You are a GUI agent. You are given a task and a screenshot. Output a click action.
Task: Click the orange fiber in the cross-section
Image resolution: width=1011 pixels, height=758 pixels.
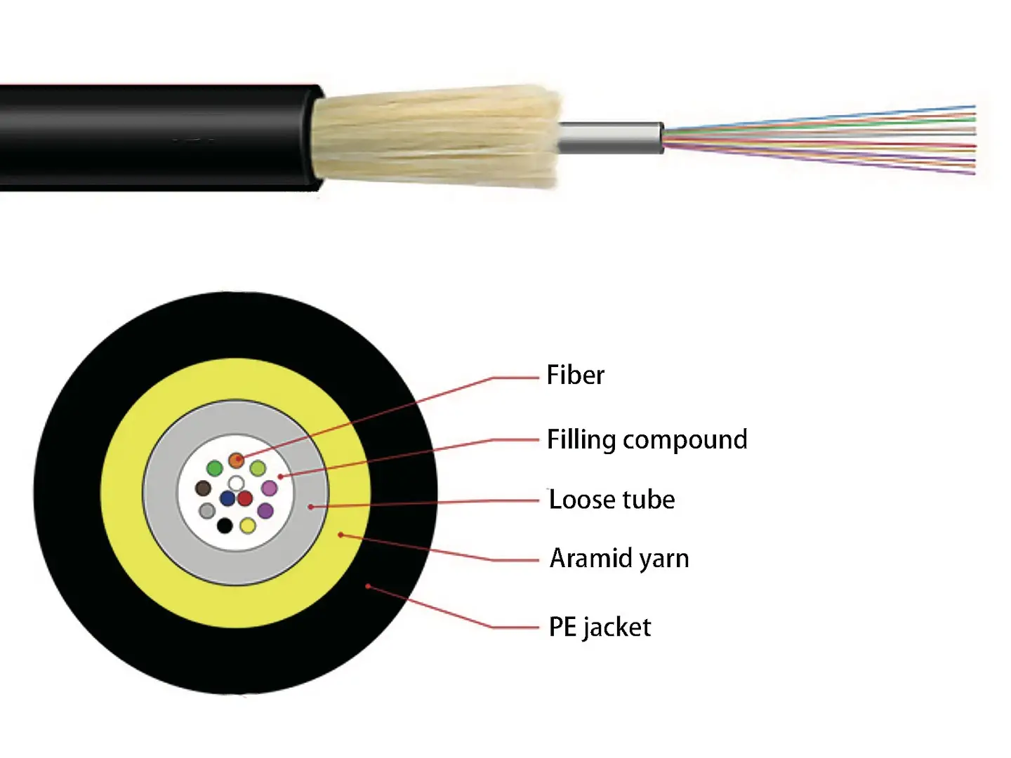pos(237,460)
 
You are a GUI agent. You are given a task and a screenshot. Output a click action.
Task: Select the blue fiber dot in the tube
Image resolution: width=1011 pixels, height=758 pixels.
pos(227,498)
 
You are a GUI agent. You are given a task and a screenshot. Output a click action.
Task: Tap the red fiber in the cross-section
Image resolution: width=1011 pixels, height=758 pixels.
pos(244,498)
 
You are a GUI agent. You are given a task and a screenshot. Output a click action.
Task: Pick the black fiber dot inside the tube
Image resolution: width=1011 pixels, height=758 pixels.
pos(225,525)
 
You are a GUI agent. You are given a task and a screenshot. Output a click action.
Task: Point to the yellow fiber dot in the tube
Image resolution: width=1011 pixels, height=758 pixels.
pos(247,525)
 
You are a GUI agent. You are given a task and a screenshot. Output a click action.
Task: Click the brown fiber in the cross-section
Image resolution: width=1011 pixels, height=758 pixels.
pos(203,488)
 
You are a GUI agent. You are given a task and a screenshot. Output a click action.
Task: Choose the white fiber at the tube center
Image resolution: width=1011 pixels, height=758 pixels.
pos(237,483)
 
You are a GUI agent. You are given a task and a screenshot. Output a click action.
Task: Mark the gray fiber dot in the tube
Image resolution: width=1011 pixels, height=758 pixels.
pos(206,510)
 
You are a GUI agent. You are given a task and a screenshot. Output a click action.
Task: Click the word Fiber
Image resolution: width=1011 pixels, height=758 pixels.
pos(575,375)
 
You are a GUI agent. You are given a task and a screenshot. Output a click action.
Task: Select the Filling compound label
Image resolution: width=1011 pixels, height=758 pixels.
pos(647,439)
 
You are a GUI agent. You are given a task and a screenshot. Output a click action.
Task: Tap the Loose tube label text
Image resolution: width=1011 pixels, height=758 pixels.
pos(612,500)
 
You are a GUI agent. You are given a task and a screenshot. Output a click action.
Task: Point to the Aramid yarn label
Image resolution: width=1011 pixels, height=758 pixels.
pos(619,558)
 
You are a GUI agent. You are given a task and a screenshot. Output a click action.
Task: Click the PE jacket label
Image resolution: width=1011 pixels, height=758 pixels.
pos(600,627)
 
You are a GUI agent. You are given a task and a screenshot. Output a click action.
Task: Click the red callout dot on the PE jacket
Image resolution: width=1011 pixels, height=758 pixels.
pos(368,586)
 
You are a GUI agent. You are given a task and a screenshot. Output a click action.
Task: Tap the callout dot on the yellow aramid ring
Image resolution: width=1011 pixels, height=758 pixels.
pos(341,535)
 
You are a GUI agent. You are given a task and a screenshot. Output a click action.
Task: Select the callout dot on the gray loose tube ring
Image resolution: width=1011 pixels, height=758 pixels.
pos(310,506)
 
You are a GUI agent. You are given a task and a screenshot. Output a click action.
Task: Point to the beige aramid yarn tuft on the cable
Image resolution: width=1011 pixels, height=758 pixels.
pos(435,137)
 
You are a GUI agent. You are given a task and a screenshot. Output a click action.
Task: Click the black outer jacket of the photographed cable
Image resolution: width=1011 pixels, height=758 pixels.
pos(154,137)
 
